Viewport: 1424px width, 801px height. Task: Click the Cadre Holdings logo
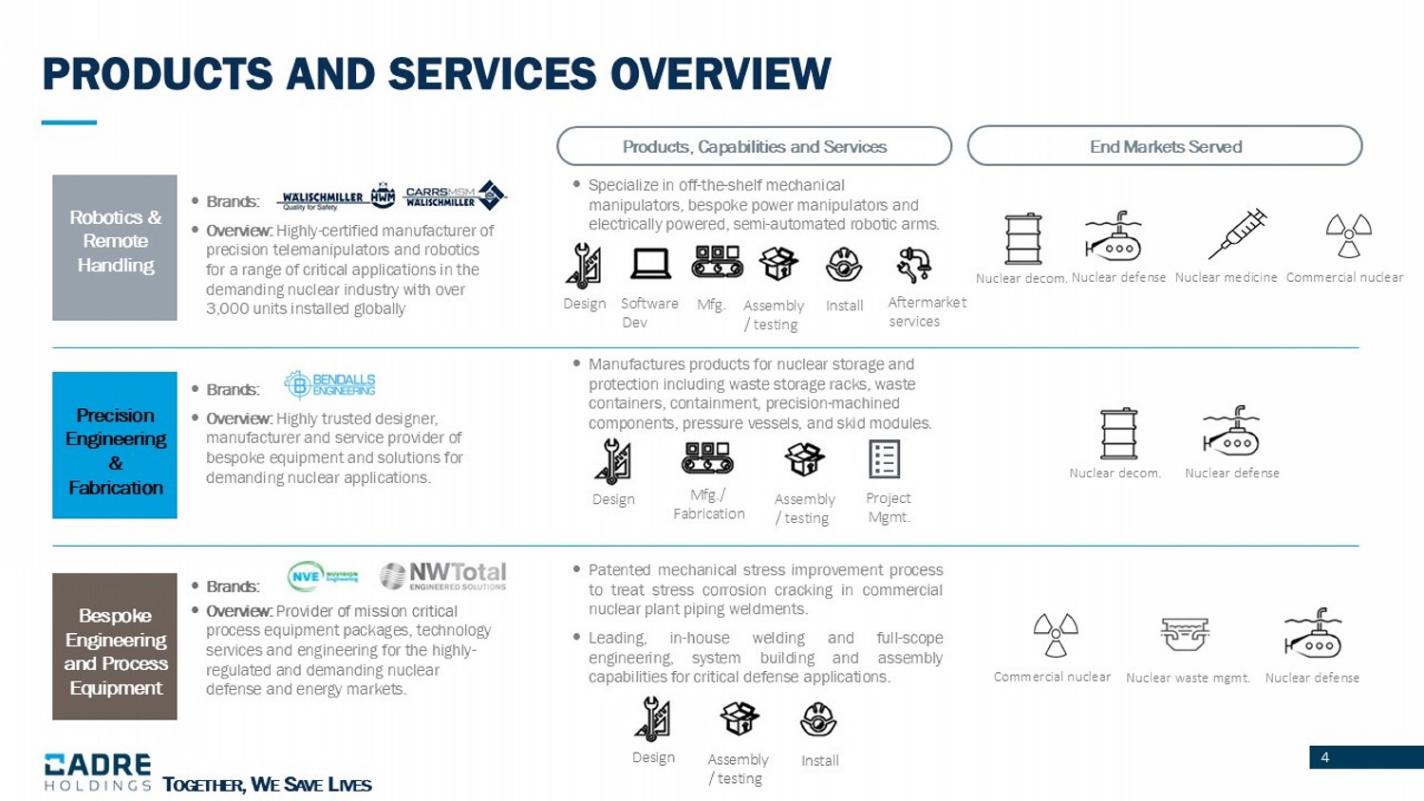click(97, 772)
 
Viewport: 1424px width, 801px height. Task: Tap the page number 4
click(1324, 757)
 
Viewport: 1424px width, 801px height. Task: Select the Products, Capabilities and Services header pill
click(754, 146)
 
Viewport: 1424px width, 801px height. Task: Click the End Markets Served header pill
click(1165, 146)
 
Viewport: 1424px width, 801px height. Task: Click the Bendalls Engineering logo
click(329, 384)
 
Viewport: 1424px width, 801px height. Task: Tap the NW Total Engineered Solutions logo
click(443, 576)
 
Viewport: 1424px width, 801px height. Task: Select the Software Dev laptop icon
click(650, 264)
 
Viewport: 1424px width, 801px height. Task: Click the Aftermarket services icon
click(913, 265)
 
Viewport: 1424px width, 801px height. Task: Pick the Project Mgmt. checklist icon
click(884, 459)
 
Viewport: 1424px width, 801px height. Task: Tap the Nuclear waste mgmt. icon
click(1185, 634)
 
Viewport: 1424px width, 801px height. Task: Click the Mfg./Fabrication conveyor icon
click(707, 458)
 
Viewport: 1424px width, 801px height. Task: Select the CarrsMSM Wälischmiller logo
click(454, 196)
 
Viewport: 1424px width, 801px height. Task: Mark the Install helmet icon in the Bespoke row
click(818, 719)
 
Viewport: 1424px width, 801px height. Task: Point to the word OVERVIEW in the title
click(720, 73)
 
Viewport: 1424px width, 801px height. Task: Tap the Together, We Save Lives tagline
click(267, 785)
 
